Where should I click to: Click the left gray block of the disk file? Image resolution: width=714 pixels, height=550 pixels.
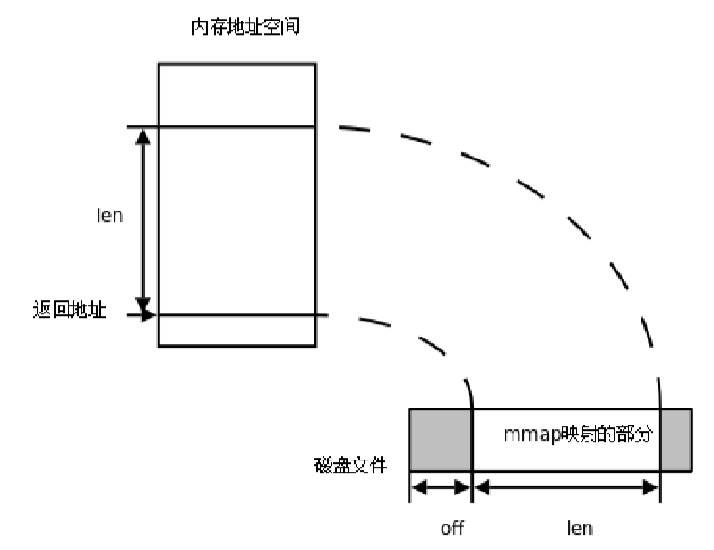point(440,440)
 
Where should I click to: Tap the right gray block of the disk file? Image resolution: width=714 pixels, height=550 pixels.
point(675,440)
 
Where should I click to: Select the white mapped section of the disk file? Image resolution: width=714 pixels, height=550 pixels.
point(564,457)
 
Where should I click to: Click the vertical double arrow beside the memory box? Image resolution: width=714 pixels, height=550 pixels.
point(141,220)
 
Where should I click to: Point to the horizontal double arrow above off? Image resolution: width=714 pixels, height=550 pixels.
point(440,487)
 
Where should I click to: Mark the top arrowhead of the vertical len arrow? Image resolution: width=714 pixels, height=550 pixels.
point(141,134)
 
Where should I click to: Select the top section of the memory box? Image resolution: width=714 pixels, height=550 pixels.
point(237,94)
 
